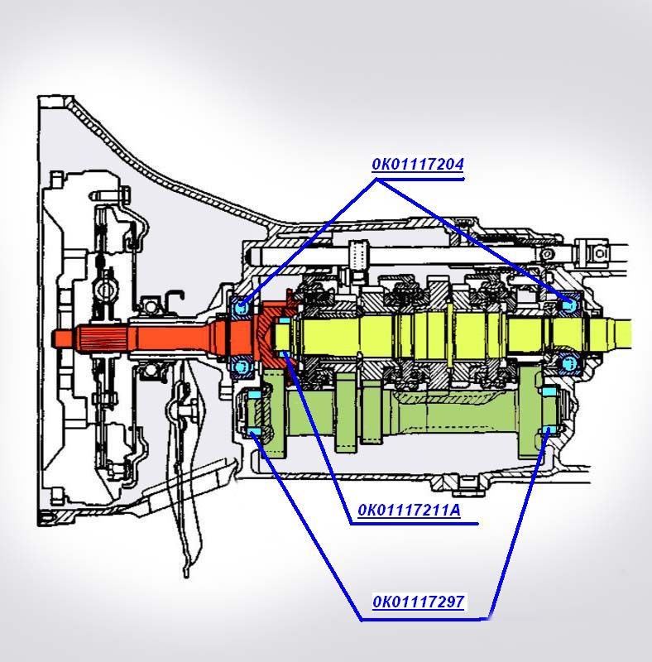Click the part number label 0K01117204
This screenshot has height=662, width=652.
[418, 164]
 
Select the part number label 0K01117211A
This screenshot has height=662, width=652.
[409, 510]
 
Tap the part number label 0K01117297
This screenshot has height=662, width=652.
[418, 602]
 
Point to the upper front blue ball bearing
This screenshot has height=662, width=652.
[242, 307]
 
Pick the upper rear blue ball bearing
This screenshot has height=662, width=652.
[570, 305]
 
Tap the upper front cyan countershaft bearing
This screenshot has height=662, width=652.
[253, 395]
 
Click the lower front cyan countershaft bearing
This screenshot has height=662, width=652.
[253, 430]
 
